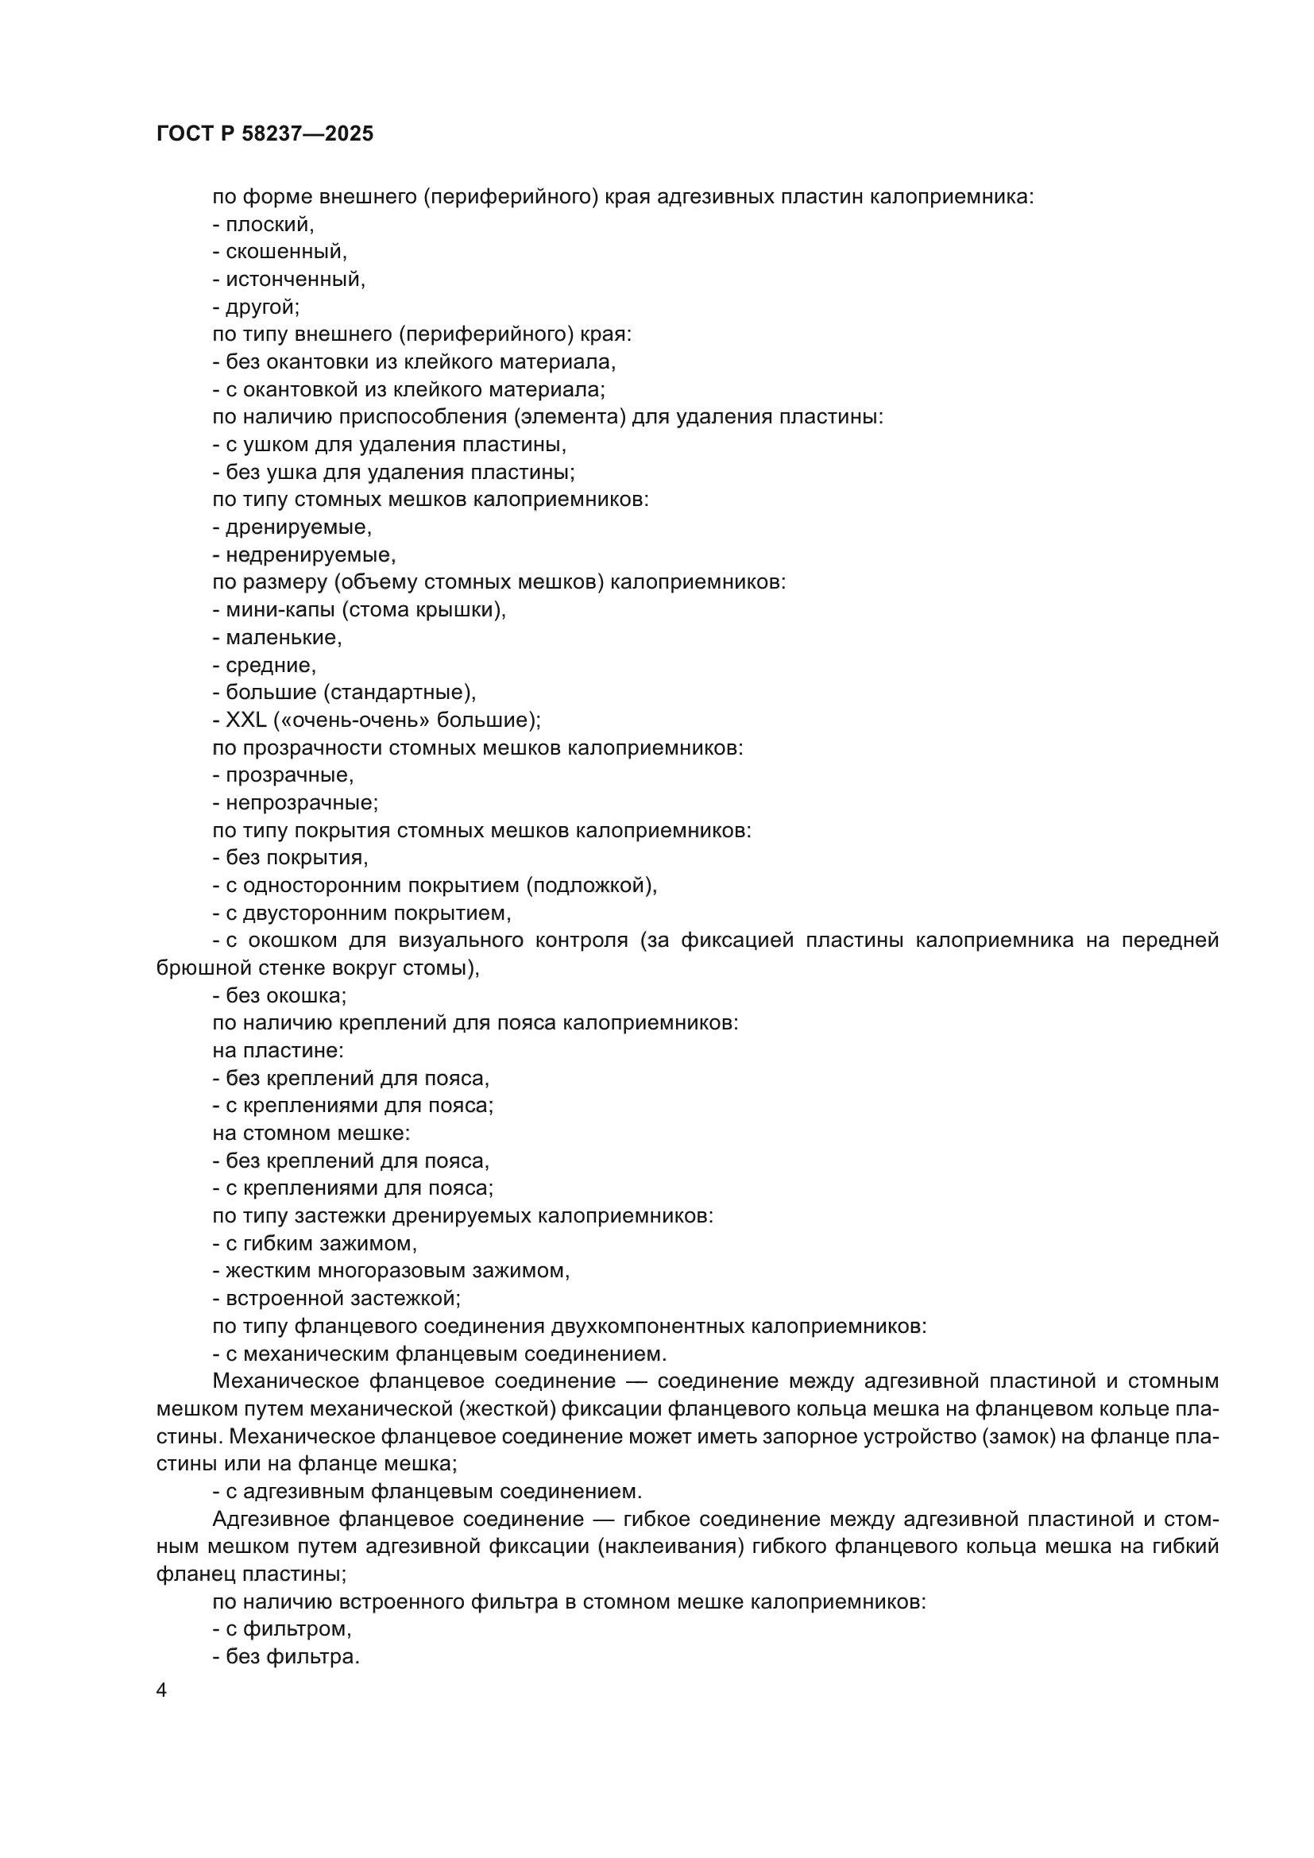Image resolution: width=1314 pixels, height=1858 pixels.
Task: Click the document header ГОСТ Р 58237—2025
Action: click(265, 134)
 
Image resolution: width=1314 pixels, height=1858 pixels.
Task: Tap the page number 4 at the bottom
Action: click(161, 1690)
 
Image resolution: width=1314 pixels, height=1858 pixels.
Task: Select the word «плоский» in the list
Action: click(269, 224)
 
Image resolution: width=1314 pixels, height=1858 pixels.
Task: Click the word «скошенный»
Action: click(286, 252)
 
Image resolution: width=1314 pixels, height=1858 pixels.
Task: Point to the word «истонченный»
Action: click(296, 279)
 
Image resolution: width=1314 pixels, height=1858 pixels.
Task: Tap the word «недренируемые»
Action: click(310, 555)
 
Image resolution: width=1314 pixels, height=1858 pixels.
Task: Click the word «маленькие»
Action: click(283, 638)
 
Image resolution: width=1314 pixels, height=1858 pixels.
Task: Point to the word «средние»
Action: click(270, 665)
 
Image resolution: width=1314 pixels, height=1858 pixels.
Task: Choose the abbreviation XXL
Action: click(246, 720)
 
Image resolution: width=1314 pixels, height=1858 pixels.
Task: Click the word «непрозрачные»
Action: click(301, 803)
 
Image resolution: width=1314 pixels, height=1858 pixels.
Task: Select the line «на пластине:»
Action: click(277, 1050)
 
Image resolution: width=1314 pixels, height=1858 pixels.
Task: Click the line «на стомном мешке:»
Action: click(311, 1133)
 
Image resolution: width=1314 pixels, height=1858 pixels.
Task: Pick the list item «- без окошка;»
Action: click(279, 995)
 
